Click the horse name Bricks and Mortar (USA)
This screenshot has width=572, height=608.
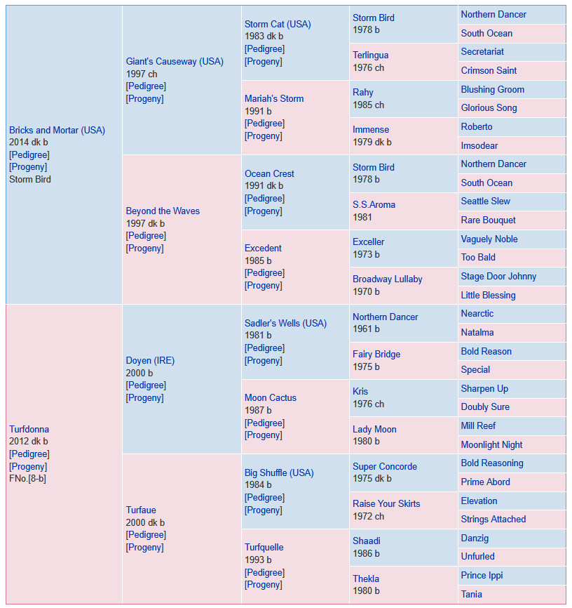click(57, 130)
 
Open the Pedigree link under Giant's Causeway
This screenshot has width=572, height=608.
click(146, 86)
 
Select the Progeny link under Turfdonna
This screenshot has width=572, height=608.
click(28, 466)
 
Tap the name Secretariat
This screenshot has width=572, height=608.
click(482, 51)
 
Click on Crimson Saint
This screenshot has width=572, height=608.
click(489, 70)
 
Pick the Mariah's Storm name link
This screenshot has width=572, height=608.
click(274, 98)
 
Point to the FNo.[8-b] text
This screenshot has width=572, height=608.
click(27, 479)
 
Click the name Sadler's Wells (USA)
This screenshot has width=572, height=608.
click(285, 323)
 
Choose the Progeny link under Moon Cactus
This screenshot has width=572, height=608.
click(263, 435)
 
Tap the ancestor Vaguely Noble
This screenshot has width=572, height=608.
click(489, 239)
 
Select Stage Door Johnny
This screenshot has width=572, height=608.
click(498, 276)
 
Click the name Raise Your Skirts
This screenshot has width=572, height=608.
click(386, 503)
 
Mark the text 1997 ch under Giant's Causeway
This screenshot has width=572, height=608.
click(142, 74)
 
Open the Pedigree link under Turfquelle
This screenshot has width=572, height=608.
click(264, 572)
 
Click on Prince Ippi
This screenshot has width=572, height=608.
click(482, 575)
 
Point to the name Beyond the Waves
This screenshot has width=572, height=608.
click(163, 211)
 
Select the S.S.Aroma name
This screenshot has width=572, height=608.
click(374, 204)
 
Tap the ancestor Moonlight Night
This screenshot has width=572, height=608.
click(491, 444)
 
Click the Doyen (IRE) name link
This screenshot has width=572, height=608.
click(150, 360)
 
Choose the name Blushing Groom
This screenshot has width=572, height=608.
click(492, 89)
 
